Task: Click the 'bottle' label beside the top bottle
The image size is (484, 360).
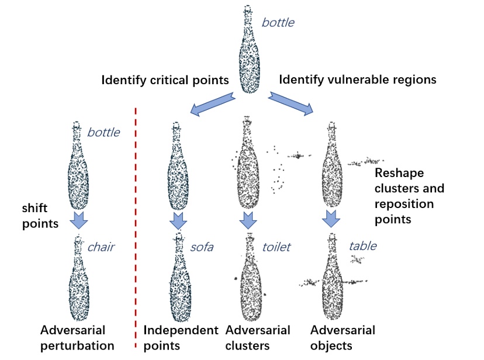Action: point(278,23)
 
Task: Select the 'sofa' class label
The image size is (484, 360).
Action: point(202,247)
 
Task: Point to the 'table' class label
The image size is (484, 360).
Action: point(362,245)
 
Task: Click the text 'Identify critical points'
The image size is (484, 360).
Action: point(165,80)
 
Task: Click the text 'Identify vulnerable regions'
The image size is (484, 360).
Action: point(358,79)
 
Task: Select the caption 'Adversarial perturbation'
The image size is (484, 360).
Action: point(79,337)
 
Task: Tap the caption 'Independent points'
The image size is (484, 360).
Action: point(181,337)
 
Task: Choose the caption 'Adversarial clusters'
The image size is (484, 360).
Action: point(258,337)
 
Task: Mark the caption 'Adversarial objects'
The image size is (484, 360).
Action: point(343,337)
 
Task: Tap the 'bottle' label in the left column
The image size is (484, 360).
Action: point(103,132)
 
